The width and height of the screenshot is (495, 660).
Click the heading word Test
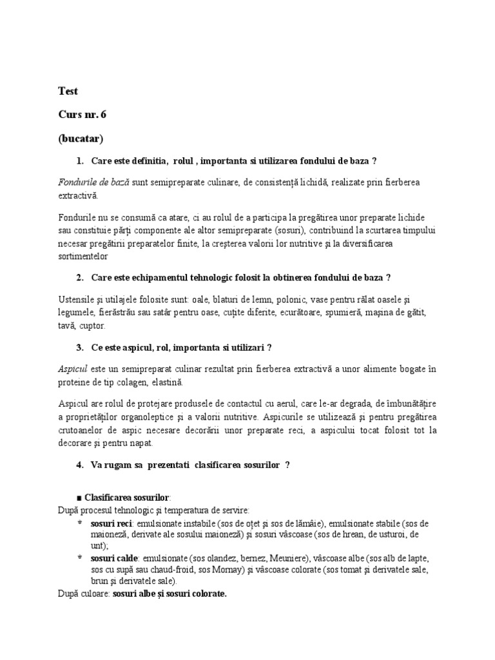pos(68,92)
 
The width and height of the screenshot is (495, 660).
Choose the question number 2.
pos(79,277)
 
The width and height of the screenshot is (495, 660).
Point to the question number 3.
pos(79,347)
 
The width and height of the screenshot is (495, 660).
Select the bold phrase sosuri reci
pos(112,523)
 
